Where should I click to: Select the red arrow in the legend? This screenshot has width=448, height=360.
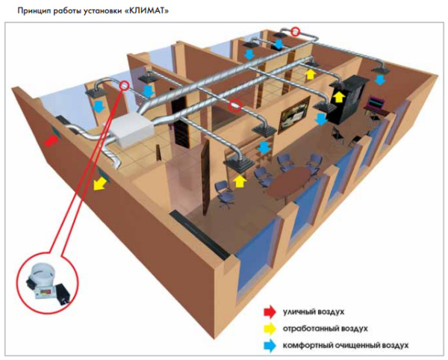(268, 311)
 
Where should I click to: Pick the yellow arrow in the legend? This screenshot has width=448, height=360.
(268, 328)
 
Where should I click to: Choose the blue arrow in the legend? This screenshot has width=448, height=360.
(268, 346)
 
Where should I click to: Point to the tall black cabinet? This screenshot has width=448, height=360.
(349, 98)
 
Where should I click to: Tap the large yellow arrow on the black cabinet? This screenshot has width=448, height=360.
(338, 96)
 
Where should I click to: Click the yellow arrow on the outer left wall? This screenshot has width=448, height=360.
(99, 182)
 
